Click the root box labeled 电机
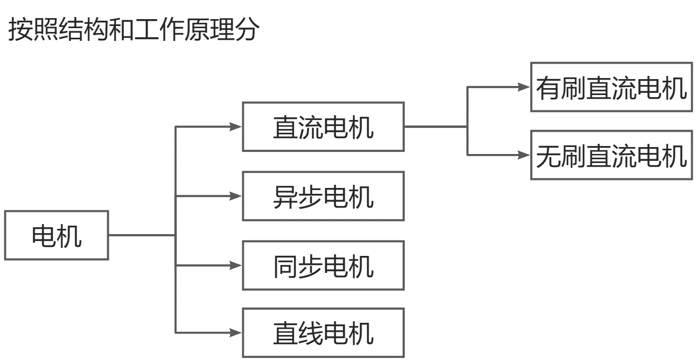57,236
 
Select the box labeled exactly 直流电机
324,126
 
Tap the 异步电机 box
324,196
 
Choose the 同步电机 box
324,265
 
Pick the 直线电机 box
324,333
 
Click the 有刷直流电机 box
611,87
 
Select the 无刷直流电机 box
611,155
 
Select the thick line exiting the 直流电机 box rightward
436,127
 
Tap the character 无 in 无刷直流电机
548,156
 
